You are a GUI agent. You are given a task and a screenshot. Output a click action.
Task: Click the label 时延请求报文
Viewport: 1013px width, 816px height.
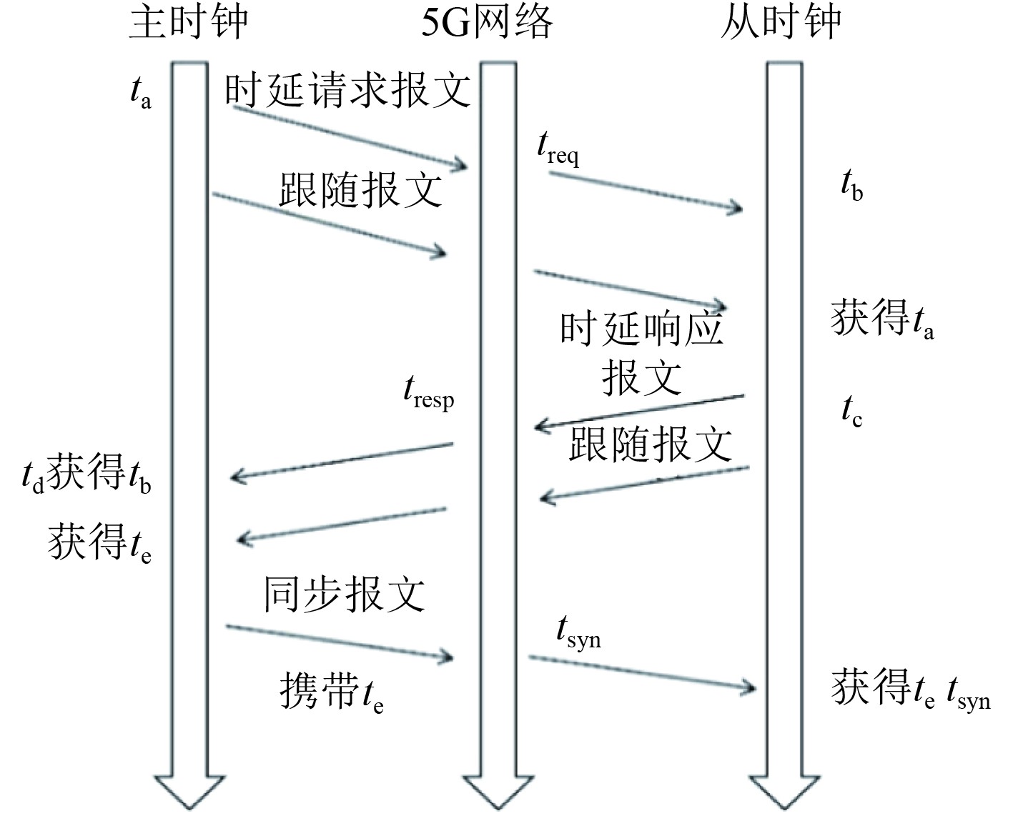pos(347,91)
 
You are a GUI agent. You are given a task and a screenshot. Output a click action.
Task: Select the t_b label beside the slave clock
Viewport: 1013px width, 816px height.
pos(851,187)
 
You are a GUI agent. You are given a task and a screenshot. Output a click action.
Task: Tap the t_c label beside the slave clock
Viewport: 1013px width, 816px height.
pos(851,412)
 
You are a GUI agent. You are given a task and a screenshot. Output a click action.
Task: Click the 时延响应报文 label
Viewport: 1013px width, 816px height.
pos(641,352)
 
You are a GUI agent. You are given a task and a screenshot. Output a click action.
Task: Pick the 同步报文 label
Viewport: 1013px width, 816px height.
pos(345,594)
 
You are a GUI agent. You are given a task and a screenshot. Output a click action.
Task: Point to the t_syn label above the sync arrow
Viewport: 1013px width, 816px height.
pos(578,632)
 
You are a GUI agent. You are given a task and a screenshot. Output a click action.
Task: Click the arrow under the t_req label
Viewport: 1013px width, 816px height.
pos(646,191)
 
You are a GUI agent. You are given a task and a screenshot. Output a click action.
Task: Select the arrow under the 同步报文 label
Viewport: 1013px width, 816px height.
pos(340,642)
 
